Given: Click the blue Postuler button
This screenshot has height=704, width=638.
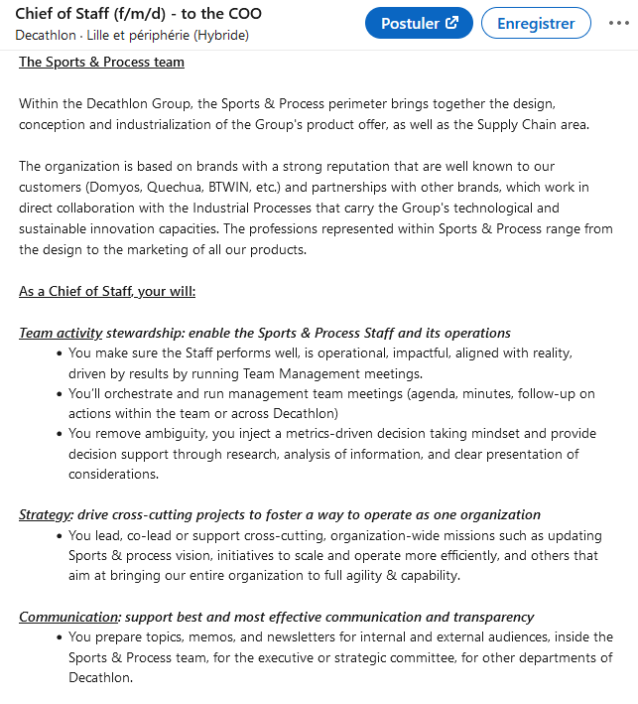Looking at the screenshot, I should [x=419, y=23].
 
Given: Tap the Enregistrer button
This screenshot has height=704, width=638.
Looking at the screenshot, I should [x=536, y=23].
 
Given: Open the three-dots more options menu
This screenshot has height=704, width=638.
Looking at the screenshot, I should [x=619, y=23].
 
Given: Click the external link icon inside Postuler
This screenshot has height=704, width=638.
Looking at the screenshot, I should [x=452, y=23].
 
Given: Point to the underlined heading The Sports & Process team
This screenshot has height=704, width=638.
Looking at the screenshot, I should [x=101, y=62].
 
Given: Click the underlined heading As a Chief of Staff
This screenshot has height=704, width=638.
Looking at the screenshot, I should [x=107, y=291].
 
